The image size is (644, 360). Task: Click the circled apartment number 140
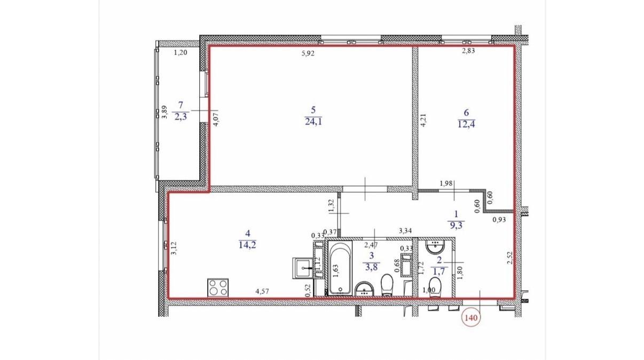coord(472,317)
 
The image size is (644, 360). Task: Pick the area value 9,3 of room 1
coord(457,225)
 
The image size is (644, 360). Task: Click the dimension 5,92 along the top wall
coord(309,52)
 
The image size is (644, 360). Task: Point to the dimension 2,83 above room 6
coord(468,51)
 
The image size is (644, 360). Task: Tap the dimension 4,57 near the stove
coord(262,291)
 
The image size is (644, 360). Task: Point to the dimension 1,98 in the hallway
coord(446,184)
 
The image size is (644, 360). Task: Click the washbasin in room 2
coord(436,248)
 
